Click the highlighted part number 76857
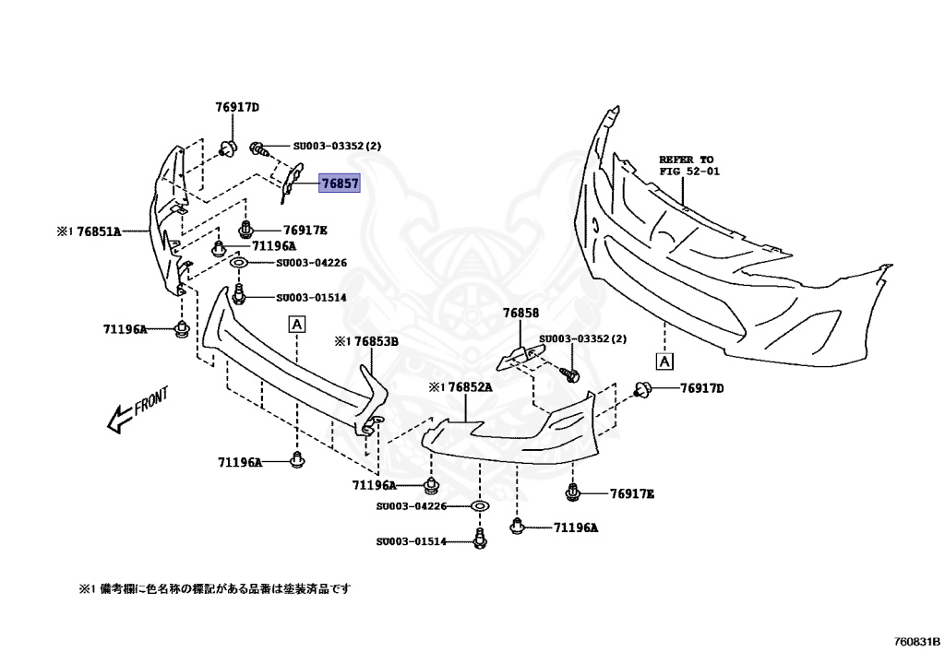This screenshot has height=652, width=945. (340, 184)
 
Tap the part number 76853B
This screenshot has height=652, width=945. (373, 341)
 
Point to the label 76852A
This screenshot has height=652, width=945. (466, 387)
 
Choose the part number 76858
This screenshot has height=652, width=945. (520, 314)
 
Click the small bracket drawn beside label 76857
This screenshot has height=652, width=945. (291, 180)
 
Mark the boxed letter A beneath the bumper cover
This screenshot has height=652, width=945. (664, 361)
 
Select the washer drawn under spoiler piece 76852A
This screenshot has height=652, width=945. (480, 506)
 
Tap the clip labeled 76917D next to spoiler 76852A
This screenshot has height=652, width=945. (643, 390)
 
